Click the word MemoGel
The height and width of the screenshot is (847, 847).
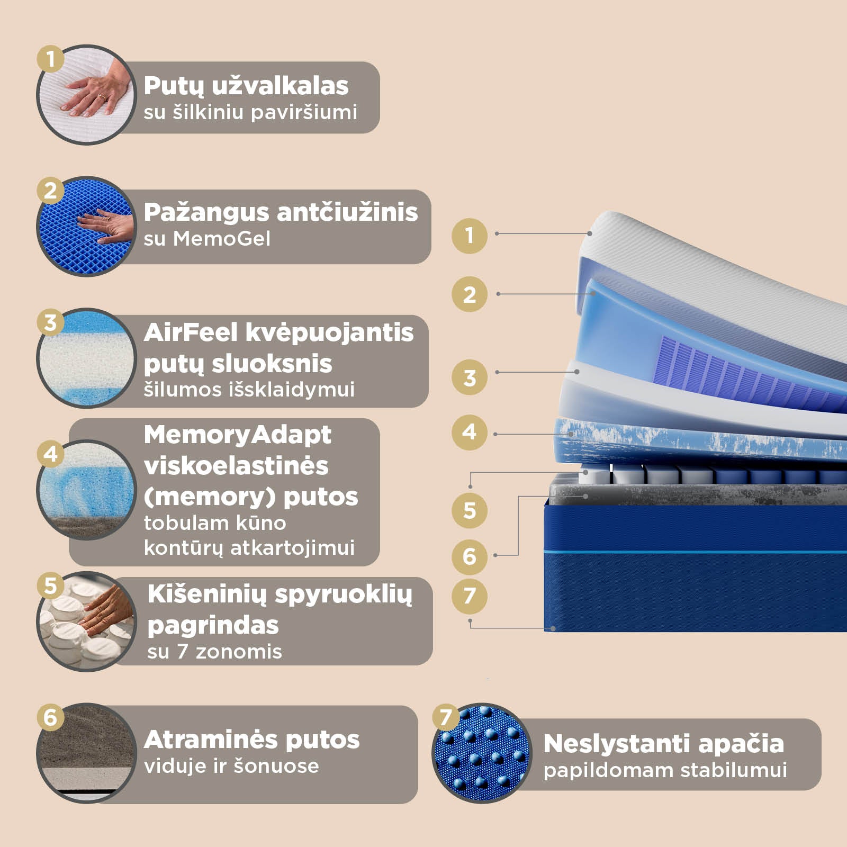click(222, 238)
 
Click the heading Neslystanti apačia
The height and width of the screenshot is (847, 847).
click(664, 743)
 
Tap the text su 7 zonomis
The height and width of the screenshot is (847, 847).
click(214, 652)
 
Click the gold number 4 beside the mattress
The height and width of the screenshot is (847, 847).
click(470, 432)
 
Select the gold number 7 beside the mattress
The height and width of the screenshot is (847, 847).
click(470, 596)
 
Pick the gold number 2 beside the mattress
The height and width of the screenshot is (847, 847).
click(470, 294)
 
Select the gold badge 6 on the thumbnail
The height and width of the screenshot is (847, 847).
click(50, 718)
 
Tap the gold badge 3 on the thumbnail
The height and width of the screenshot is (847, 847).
click(50, 322)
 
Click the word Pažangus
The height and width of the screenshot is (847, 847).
click(206, 213)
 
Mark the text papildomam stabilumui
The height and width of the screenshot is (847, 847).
click(665, 771)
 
